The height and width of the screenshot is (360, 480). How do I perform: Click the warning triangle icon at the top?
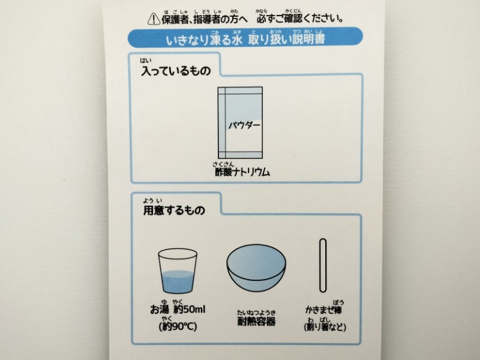(x=154, y=19)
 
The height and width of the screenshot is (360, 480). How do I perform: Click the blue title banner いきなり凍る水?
(x=245, y=37)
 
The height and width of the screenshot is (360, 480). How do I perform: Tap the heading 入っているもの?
(x=176, y=71)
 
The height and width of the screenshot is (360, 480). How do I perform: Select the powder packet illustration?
(x=241, y=122)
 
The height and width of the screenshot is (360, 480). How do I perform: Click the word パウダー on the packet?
(x=244, y=125)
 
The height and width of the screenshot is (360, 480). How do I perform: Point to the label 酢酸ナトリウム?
(x=242, y=172)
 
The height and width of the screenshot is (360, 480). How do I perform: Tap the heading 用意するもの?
(x=174, y=211)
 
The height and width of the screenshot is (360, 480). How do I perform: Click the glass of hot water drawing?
(x=178, y=271)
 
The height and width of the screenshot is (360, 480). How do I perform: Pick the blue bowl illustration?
(x=256, y=268)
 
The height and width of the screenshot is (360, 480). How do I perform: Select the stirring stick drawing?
(x=323, y=265)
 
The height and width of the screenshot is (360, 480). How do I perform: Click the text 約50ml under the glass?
(x=190, y=310)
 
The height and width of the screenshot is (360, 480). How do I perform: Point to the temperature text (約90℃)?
(x=178, y=326)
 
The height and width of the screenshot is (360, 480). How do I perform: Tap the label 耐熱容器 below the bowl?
(x=257, y=321)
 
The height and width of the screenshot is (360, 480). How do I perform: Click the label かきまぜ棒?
(x=323, y=310)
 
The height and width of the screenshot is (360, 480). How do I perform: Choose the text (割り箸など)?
(x=325, y=327)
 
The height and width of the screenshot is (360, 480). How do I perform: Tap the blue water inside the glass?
(x=178, y=281)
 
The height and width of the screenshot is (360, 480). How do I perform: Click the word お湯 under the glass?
(x=160, y=310)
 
